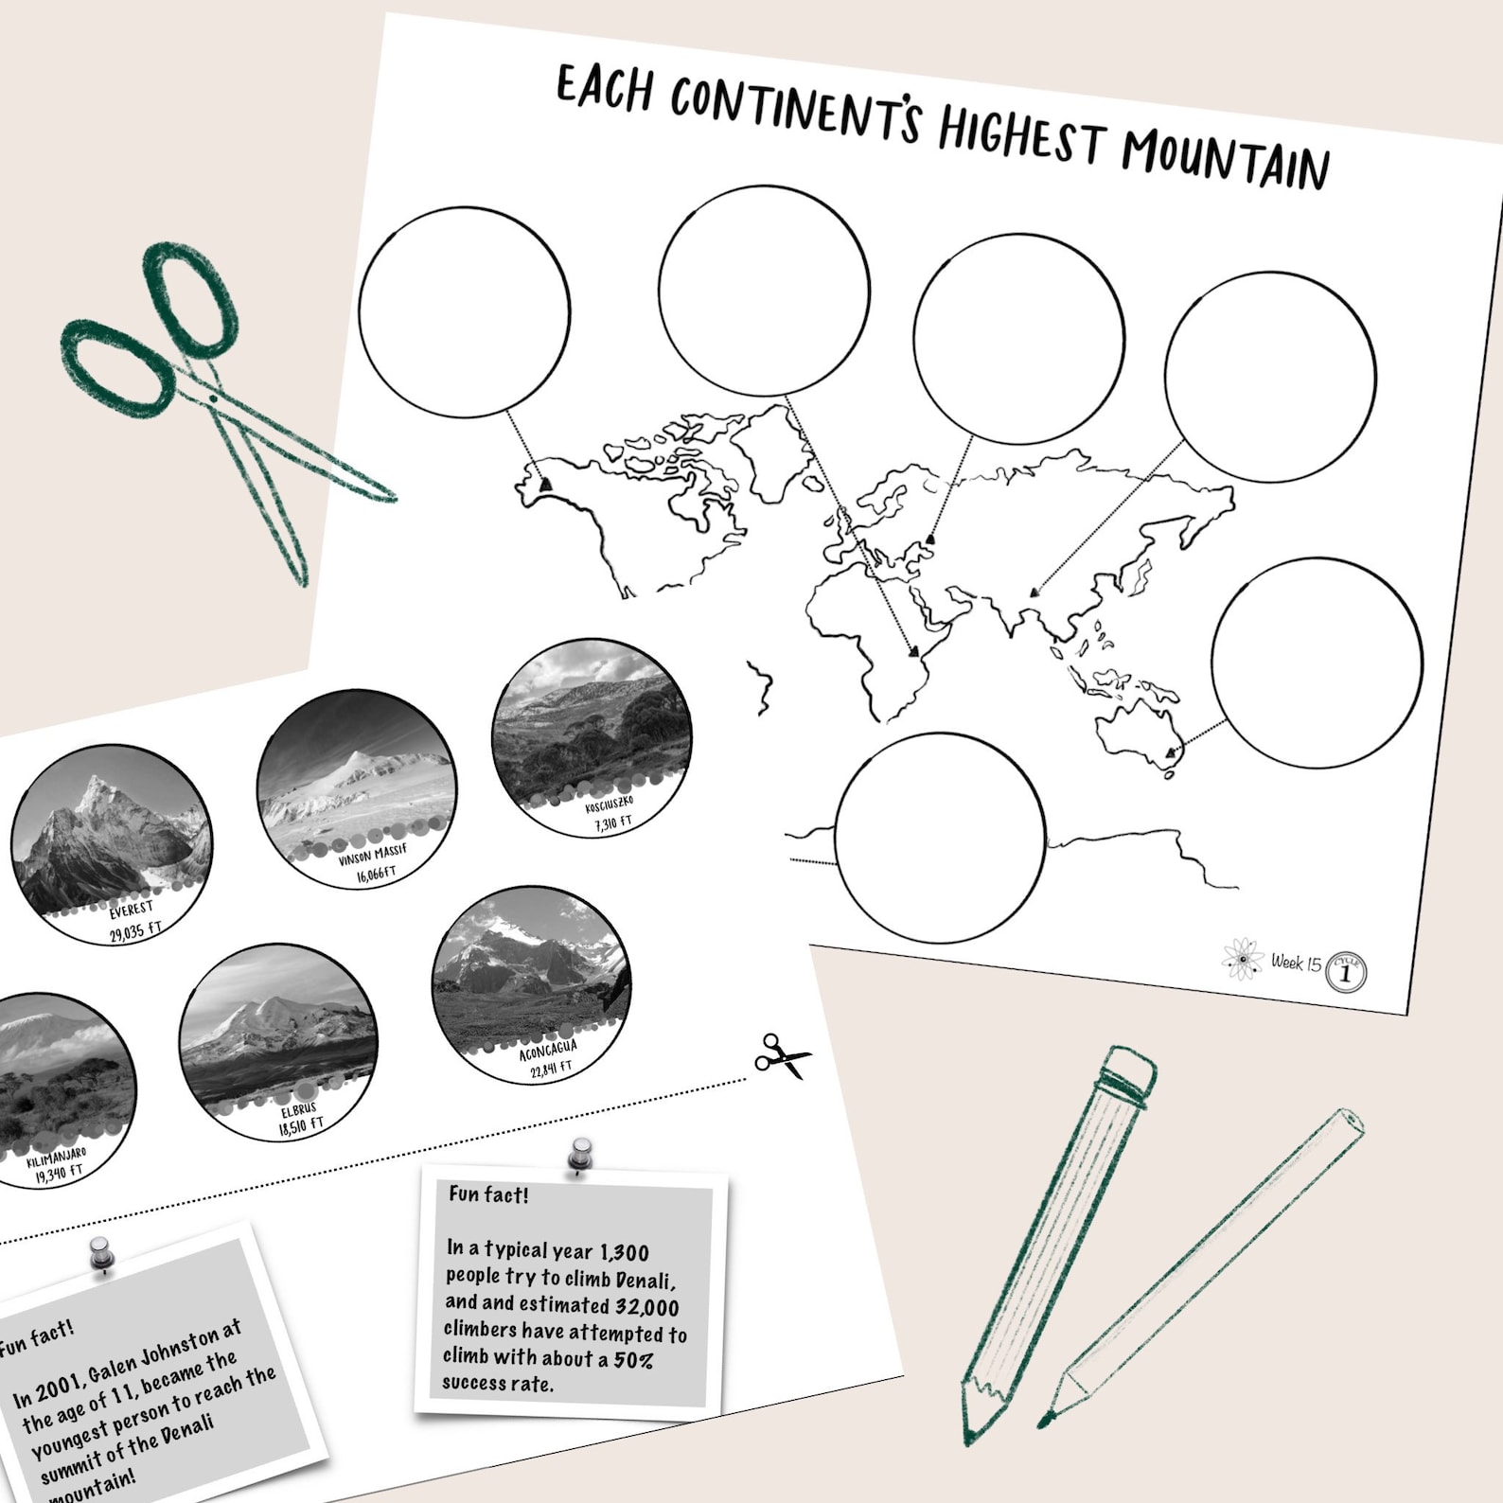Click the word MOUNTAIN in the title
tap(1225, 157)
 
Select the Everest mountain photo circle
tap(112, 842)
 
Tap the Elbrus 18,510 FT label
tap(300, 1118)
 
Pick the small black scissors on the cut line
tap(782, 1055)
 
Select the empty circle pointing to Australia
tap(1317, 663)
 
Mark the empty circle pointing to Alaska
tap(464, 312)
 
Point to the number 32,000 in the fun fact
tap(646, 1307)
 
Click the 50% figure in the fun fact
tap(633, 1360)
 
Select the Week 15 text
tap(1296, 963)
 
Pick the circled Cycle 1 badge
tap(1346, 972)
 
